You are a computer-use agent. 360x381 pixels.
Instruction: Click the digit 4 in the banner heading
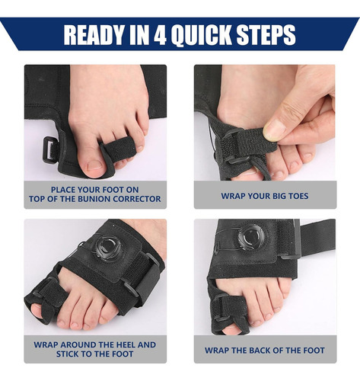(160, 35)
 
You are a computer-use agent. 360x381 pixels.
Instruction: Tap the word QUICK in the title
(202, 35)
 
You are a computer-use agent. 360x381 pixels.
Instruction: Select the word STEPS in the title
(266, 35)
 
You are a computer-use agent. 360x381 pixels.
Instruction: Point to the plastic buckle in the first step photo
(50, 150)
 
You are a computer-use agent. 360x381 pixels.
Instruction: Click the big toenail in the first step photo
(94, 165)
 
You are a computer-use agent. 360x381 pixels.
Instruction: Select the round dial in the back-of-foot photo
(251, 237)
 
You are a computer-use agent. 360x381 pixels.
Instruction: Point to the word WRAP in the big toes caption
(232, 196)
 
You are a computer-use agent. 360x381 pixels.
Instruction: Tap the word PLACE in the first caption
(62, 190)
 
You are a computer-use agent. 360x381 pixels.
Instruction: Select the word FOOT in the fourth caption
(314, 351)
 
